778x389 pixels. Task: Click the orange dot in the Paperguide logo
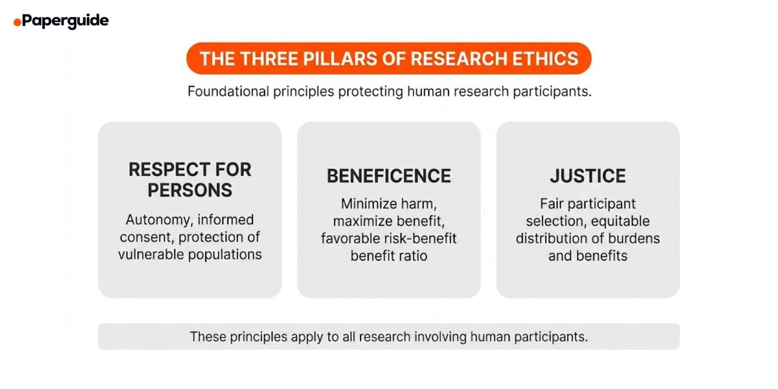click(17, 22)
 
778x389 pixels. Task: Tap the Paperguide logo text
click(65, 20)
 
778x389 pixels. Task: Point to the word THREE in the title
click(269, 59)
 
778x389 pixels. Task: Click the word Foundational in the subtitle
click(228, 92)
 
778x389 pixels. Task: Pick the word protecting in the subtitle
click(370, 92)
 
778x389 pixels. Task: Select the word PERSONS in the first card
click(190, 190)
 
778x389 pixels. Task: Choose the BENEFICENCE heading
click(389, 176)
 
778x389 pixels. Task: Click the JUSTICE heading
click(588, 176)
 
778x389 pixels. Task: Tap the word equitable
click(620, 221)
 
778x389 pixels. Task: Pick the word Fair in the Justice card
click(551, 203)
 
